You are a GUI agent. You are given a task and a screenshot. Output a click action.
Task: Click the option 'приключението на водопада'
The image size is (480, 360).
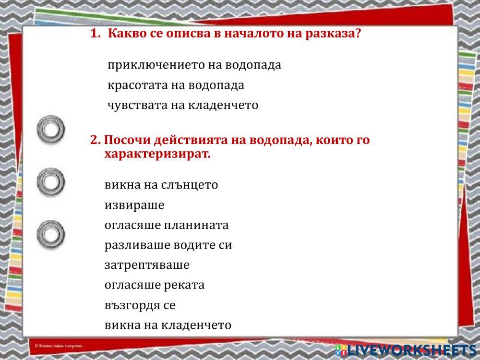(x=194, y=65)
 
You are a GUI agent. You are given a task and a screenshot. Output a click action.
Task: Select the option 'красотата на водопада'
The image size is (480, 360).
(x=176, y=85)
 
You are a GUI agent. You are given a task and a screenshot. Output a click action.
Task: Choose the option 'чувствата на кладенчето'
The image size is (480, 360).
(x=182, y=105)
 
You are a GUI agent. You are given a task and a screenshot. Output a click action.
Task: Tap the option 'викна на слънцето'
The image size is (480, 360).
(x=161, y=185)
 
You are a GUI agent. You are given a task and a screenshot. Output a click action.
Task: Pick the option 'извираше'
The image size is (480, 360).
(x=134, y=205)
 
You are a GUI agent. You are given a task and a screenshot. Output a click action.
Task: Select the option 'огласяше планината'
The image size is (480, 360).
(x=167, y=225)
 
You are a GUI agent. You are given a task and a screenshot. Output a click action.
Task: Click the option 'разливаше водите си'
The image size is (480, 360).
(x=168, y=245)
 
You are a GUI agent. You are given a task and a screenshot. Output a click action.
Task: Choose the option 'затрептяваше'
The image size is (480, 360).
(x=147, y=265)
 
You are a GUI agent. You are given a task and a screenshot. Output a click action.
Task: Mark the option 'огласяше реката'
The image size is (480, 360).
(x=154, y=285)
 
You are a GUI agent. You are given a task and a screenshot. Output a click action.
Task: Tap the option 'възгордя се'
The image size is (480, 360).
(x=140, y=305)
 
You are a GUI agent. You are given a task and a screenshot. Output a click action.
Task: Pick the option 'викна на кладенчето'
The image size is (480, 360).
(x=168, y=325)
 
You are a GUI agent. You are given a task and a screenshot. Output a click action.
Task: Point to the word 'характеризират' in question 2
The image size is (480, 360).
(x=157, y=155)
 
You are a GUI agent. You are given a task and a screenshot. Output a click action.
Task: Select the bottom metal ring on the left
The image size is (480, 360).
(x=51, y=235)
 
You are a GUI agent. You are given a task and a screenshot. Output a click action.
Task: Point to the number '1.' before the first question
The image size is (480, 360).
(x=96, y=34)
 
